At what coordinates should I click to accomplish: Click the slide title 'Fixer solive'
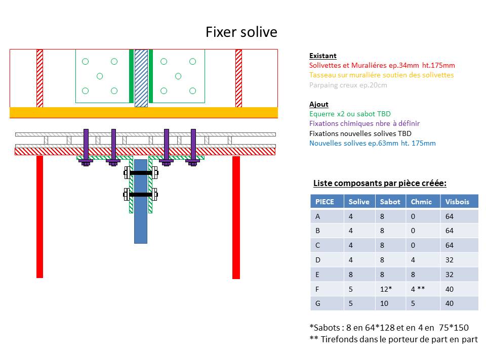coord(241,32)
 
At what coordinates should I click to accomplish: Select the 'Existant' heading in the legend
coord(322,56)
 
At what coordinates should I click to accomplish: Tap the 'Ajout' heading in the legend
coord(318,105)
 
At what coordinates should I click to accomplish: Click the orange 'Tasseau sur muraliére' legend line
coord(381,75)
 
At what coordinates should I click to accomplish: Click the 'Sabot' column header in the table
coord(390,202)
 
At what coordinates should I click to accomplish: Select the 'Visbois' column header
coord(457,202)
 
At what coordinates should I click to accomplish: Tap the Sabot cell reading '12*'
coord(386,289)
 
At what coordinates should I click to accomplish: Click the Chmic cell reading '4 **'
coord(418,289)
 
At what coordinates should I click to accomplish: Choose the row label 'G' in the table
coord(318,304)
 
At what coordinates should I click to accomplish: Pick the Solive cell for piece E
coord(351,275)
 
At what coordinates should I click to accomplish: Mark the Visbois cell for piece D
coord(449,260)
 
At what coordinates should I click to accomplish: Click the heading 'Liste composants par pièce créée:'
coord(380,183)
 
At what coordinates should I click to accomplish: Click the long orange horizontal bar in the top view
coord(144,112)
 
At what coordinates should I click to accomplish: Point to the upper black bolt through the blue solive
coord(141,173)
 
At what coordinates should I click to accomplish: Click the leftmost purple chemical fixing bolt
coord(86,147)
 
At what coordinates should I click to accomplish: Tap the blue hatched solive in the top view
coord(141,78)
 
